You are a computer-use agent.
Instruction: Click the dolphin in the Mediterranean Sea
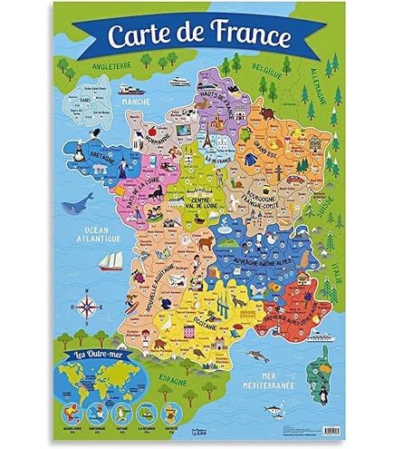(256, 355)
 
